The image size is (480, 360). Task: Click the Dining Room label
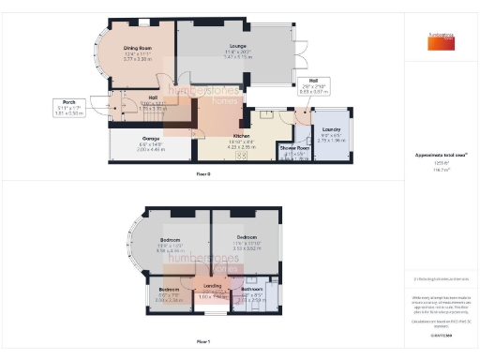tap(138, 50)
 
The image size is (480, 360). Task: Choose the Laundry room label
tap(331, 132)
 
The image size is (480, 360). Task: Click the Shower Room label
tap(293, 150)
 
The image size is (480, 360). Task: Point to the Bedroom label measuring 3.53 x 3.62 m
tap(247, 240)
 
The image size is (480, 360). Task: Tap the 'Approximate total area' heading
tap(437, 157)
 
